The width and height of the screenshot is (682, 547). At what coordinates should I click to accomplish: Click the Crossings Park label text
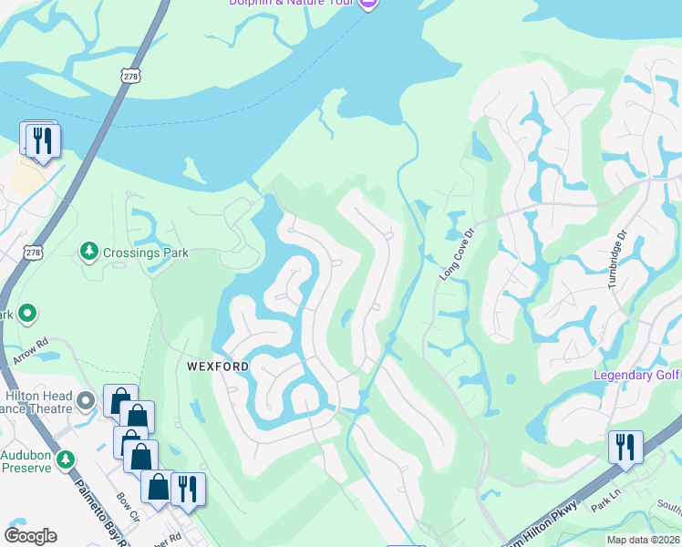[x=146, y=253]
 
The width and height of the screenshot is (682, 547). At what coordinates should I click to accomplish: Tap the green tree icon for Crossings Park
[x=88, y=250]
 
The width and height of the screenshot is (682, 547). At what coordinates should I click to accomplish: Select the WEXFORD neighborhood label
[x=218, y=366]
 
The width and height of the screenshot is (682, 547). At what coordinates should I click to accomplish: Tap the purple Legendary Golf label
[x=636, y=375]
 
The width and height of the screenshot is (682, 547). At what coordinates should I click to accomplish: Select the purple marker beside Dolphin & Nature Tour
[x=367, y=4]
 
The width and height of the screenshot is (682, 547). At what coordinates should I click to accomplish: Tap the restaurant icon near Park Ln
[x=625, y=447]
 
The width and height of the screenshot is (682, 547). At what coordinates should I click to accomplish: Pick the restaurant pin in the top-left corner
[x=42, y=140]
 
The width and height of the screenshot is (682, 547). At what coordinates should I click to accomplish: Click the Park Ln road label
[x=604, y=504]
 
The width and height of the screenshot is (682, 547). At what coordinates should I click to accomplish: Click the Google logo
[x=30, y=536]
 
